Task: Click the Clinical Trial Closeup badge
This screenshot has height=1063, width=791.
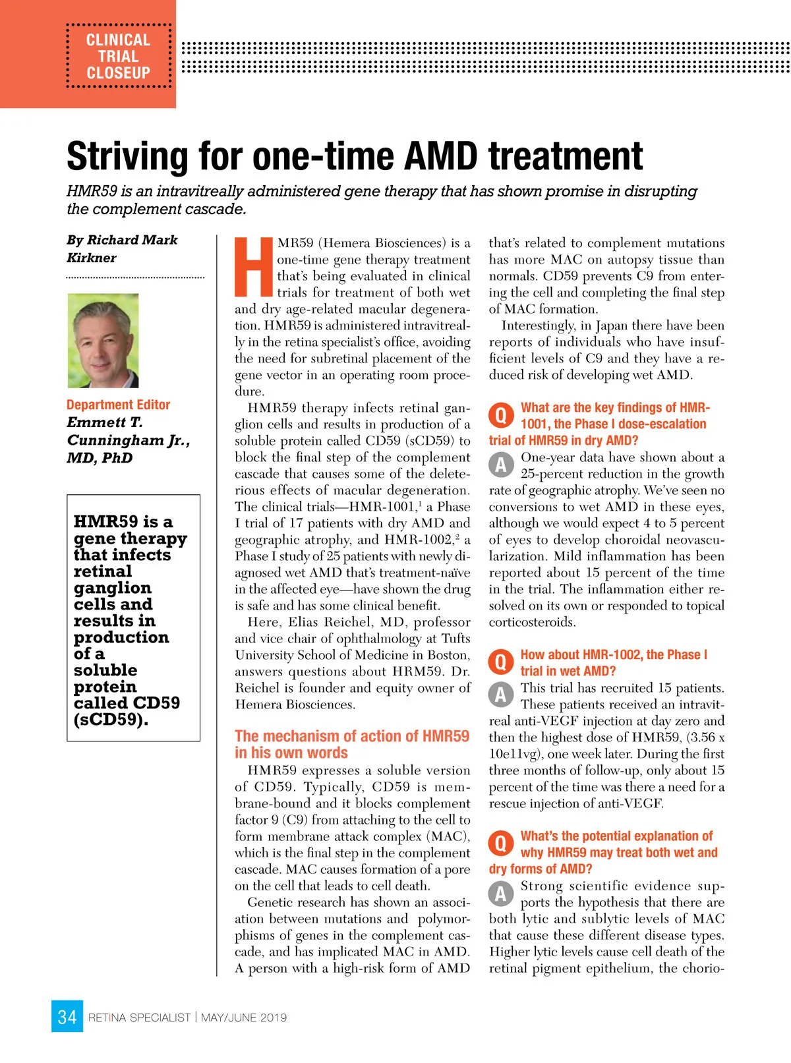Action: [x=119, y=57]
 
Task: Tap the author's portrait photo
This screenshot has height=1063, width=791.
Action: [x=103, y=340]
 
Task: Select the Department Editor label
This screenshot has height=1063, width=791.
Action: [x=118, y=405]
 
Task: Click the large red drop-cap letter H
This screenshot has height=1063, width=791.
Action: [x=254, y=267]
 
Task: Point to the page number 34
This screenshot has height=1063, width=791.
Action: [x=67, y=1017]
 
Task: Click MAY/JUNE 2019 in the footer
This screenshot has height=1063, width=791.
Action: [x=244, y=1018]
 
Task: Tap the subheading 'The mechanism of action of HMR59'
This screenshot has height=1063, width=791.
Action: [x=352, y=736]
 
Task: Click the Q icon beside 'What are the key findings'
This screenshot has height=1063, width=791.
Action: [x=501, y=415]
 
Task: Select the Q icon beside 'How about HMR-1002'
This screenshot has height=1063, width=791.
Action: [x=501, y=662]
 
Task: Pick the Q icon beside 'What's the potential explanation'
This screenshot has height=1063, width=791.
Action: [x=501, y=843]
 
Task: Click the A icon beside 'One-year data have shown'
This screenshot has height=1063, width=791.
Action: [x=501, y=465]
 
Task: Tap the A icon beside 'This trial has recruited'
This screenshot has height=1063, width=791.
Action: [x=501, y=695]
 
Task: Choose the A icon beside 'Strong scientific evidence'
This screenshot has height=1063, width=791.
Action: [x=501, y=894]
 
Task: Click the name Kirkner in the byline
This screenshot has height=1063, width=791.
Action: [x=92, y=258]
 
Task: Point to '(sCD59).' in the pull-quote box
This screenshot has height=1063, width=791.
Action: [x=111, y=720]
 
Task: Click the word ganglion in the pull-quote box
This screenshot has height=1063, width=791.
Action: [x=113, y=588]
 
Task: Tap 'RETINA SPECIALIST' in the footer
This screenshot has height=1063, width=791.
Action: [x=139, y=1018]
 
